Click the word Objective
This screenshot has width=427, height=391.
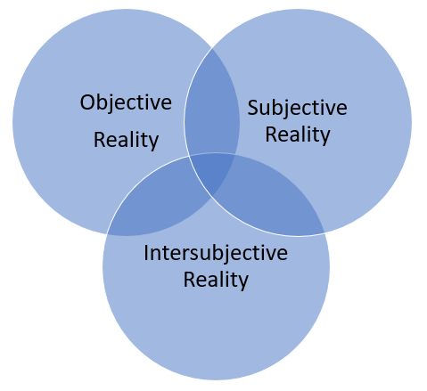coord(126,102)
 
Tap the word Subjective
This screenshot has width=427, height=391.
coord(297,109)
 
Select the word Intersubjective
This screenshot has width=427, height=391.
coord(216,253)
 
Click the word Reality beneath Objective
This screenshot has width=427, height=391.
coord(126,140)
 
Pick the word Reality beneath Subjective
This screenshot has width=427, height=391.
coord(297,134)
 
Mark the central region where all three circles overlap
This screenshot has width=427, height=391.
coord(214,169)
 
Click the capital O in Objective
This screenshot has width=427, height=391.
coord(87,102)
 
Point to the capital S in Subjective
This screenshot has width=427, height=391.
coord(252,109)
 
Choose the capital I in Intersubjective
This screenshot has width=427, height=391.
coord(146,252)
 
